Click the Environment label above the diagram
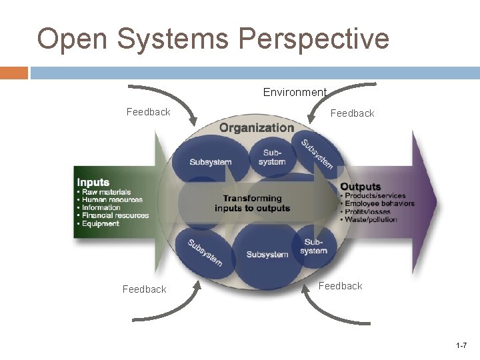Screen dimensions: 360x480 pyautogui.click(x=295, y=92)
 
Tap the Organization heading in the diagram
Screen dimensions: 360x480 pyautogui.click(x=257, y=127)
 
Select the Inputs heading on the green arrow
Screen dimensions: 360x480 pyautogui.click(x=93, y=182)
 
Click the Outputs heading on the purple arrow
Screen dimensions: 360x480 pyautogui.click(x=361, y=187)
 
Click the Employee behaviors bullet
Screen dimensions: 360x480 pyautogui.click(x=381, y=204)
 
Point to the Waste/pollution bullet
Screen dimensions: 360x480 pyautogui.click(x=371, y=219)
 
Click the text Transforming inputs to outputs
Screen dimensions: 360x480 pyautogui.click(x=253, y=203)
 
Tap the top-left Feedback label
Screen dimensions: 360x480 pyautogui.click(x=148, y=112)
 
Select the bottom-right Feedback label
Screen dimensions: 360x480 pyautogui.click(x=340, y=286)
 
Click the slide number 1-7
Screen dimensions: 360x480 pyautogui.click(x=461, y=345)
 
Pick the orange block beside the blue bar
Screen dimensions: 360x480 pyautogui.click(x=14, y=72)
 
